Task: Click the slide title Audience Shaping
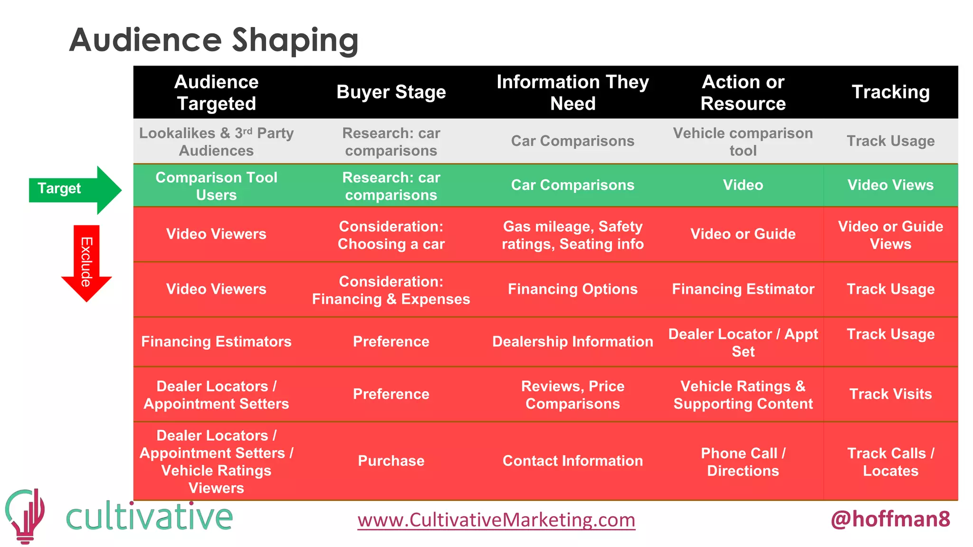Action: [x=214, y=40]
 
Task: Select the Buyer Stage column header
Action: [x=391, y=92]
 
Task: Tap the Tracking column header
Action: [x=890, y=92]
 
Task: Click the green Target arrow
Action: [x=74, y=189]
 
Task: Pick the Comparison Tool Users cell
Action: [x=216, y=186]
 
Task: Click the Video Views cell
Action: [x=890, y=185]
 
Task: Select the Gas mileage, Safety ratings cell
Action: [x=572, y=235]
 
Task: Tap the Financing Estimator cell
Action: [x=743, y=289]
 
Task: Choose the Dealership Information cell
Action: [x=572, y=342]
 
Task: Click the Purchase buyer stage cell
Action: [x=391, y=461]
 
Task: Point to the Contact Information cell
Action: [x=572, y=461]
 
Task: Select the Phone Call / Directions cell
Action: [x=743, y=462]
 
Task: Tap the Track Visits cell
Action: [x=890, y=394]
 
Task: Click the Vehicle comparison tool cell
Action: [x=743, y=141]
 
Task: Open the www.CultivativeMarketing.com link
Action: [x=496, y=520]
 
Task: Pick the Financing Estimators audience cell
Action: [x=216, y=342]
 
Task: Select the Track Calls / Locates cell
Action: [x=890, y=462]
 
